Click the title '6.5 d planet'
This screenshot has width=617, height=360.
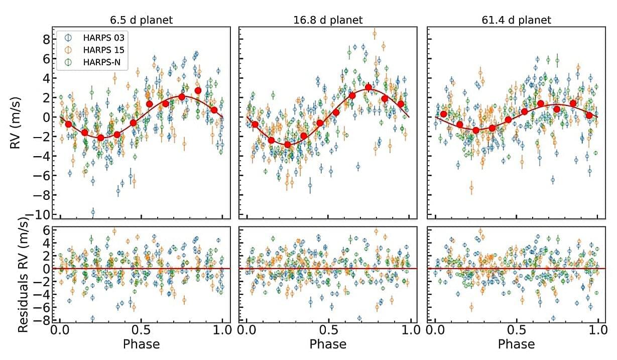click(142, 20)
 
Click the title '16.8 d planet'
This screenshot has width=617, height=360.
click(328, 20)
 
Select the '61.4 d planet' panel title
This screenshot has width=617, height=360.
click(516, 20)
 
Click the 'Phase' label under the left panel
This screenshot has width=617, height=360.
click(142, 344)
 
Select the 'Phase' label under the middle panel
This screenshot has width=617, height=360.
click(328, 344)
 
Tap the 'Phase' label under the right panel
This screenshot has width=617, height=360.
click(516, 344)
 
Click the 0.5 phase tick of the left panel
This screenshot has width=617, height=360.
click(142, 331)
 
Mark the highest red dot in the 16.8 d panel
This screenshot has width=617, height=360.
click(368, 87)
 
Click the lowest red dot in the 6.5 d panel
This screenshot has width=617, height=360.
click(101, 138)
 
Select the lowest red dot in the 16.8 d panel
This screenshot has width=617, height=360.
click(288, 145)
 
